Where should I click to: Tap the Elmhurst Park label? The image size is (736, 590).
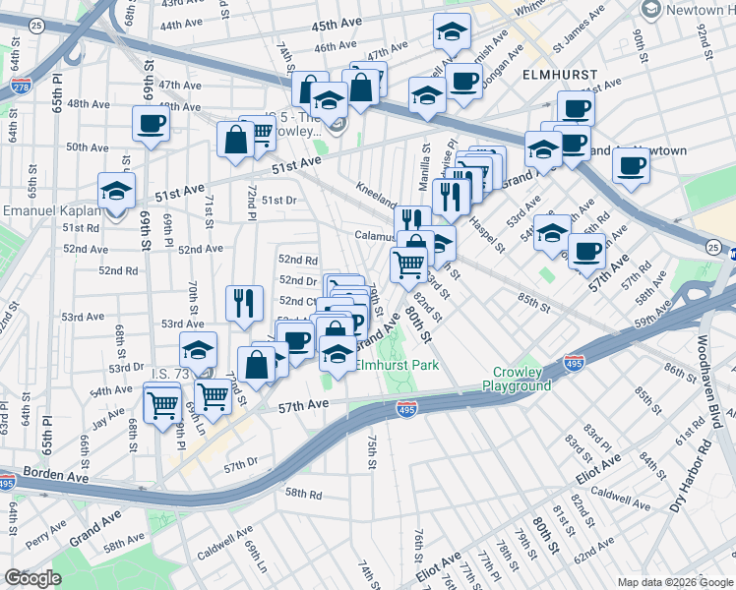click(x=397, y=365)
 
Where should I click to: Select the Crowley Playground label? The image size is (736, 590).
click(x=517, y=380)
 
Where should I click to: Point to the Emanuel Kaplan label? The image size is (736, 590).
click(x=52, y=211)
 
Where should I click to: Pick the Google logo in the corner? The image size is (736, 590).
click(x=33, y=578)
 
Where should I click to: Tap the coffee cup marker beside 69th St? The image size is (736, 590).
click(x=152, y=124)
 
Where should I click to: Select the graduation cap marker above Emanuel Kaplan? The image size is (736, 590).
click(x=117, y=190)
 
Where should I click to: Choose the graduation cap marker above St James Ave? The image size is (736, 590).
click(x=452, y=32)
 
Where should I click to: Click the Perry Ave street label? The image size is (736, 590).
click(x=45, y=540)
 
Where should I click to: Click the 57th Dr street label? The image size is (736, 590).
click(x=239, y=461)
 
